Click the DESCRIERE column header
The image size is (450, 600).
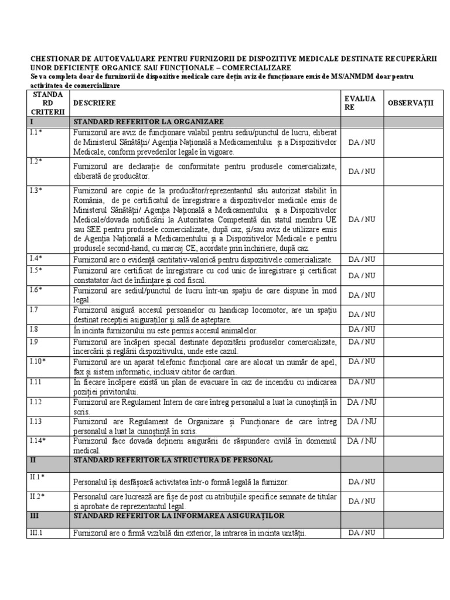(x=94, y=103)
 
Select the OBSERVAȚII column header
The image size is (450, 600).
(x=410, y=103)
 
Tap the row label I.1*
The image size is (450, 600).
(x=36, y=132)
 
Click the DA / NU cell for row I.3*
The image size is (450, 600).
(x=362, y=219)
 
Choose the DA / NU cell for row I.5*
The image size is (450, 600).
(x=362, y=275)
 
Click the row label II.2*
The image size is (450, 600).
(x=37, y=496)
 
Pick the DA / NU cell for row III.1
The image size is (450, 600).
(x=362, y=533)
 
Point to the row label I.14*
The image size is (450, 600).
(x=37, y=440)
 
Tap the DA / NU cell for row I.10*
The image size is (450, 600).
(x=362, y=362)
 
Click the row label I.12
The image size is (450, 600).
(x=36, y=402)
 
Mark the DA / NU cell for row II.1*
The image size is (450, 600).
(x=362, y=482)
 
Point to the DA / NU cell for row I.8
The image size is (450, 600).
(x=362, y=329)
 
